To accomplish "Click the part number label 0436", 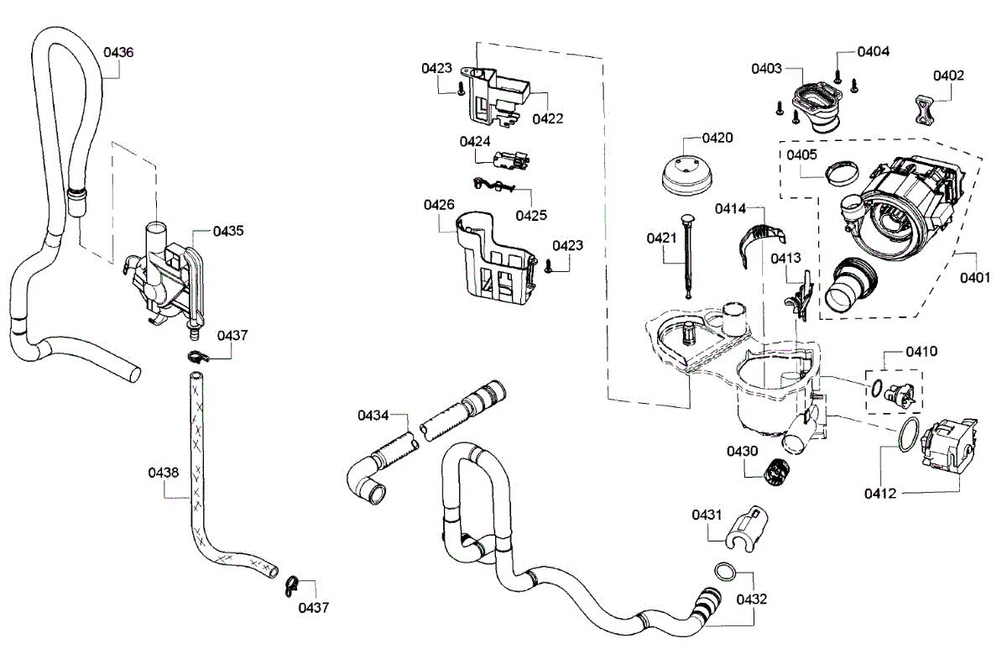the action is [x=118, y=53].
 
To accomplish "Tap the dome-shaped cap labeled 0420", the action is [x=687, y=175].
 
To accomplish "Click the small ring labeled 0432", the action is [x=725, y=571].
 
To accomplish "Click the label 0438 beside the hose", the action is [x=164, y=473].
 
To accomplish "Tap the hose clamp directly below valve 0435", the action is [x=198, y=357].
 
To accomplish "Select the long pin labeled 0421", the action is [x=688, y=256].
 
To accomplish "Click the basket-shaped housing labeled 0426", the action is [x=496, y=258].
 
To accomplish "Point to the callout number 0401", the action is [x=975, y=278].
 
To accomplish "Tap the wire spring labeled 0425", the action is [x=493, y=185].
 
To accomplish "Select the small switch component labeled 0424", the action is [x=511, y=160].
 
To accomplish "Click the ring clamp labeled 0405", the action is [x=842, y=173].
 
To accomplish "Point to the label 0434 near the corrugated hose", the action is [x=373, y=416].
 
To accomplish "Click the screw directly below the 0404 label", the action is [x=837, y=76].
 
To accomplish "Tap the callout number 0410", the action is [x=921, y=351].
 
